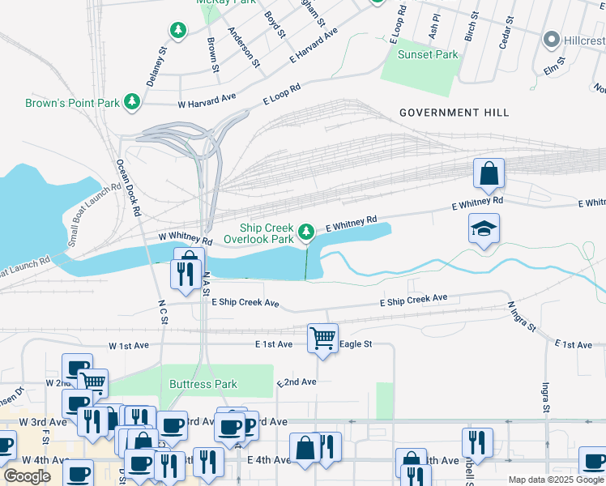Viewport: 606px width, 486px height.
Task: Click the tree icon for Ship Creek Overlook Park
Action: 306,232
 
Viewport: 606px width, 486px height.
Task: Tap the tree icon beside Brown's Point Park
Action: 130,102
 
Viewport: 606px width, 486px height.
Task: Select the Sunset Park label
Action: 428,55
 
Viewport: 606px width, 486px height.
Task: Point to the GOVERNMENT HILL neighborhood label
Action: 454,113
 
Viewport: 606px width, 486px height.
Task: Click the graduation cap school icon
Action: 484,229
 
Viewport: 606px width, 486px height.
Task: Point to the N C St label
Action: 162,312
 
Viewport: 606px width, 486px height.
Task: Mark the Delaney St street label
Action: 156,61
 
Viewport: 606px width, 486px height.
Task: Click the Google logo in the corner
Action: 27,476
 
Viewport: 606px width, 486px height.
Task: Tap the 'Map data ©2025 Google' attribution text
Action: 556,480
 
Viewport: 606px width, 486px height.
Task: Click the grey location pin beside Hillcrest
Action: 553,39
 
